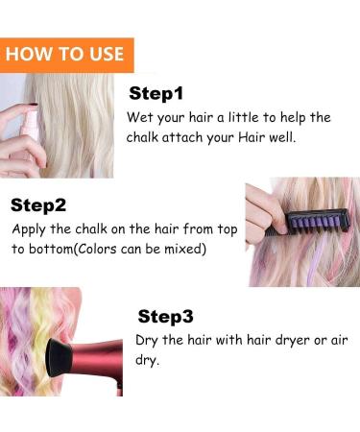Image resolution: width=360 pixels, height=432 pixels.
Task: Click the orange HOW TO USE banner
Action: tap(65, 54)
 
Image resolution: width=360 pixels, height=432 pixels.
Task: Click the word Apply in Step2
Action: tap(31, 229)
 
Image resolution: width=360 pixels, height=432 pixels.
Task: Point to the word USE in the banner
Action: tap(105, 54)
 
